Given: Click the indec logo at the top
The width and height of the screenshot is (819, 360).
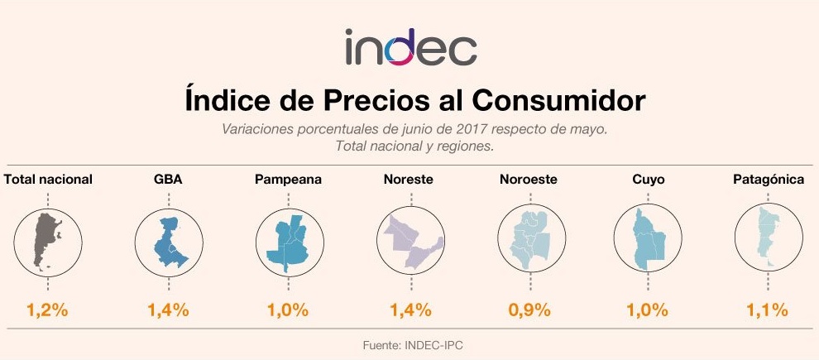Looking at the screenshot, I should tap(410, 47).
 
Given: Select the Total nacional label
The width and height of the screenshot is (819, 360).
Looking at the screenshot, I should tap(48, 179).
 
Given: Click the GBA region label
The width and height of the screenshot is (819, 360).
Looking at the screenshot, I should tap(168, 179).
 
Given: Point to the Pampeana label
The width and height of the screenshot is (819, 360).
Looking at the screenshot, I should tap(288, 179).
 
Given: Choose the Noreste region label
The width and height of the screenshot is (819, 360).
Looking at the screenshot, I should tap(409, 179).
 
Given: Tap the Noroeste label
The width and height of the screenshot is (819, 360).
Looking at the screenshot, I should tap(529, 179).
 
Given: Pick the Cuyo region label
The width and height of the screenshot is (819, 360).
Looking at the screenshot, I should tap(649, 179).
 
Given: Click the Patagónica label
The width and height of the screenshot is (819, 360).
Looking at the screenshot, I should tap(769, 179).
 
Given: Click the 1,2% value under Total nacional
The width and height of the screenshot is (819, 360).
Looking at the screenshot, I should tap(47, 311).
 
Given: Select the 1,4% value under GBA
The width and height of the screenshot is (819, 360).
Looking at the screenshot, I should tap(168, 311).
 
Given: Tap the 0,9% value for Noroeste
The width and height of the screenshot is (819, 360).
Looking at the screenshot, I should tap(529, 311).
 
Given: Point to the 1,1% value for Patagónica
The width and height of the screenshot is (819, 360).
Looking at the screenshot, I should tap(769, 311).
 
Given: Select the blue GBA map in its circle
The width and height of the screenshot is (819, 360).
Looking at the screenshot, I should tap(169, 242).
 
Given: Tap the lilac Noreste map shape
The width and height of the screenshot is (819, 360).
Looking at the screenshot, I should tap(409, 242).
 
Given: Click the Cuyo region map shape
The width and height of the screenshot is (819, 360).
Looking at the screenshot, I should tap(646, 242).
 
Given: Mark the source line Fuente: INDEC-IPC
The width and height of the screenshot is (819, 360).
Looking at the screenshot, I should tap(409, 343).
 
